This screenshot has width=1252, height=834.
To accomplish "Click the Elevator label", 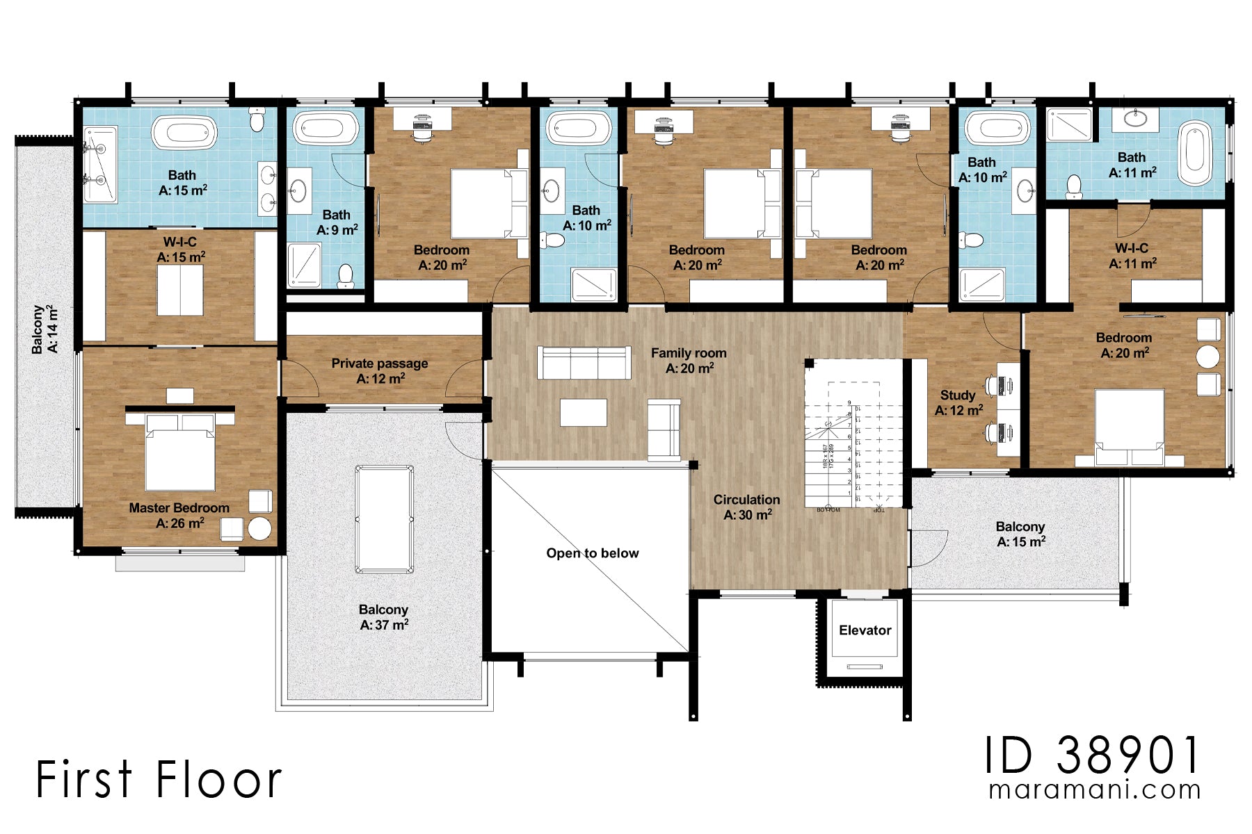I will (865, 630).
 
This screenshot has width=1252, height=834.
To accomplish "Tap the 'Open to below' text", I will (592, 553).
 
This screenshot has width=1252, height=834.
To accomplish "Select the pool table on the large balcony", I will (384, 519).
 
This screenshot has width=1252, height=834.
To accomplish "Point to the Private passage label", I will (380, 370).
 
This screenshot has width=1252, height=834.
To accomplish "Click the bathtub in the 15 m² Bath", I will (184, 133).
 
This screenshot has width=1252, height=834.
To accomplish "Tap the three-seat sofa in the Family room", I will (584, 363).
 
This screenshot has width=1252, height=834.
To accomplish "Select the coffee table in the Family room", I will (583, 412).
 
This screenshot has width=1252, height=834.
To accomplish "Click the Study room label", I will (958, 402).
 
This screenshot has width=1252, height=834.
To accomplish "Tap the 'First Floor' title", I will (159, 779).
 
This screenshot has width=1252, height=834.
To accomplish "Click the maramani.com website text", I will (1094, 790).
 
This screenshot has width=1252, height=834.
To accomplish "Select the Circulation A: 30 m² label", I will (747, 507).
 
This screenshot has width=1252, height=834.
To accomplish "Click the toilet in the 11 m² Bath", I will (1074, 186).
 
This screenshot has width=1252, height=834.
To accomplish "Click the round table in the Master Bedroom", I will (259, 528).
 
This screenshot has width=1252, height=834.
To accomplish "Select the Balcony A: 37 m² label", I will (383, 616).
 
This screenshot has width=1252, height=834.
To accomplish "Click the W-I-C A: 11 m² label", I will (1132, 256).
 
